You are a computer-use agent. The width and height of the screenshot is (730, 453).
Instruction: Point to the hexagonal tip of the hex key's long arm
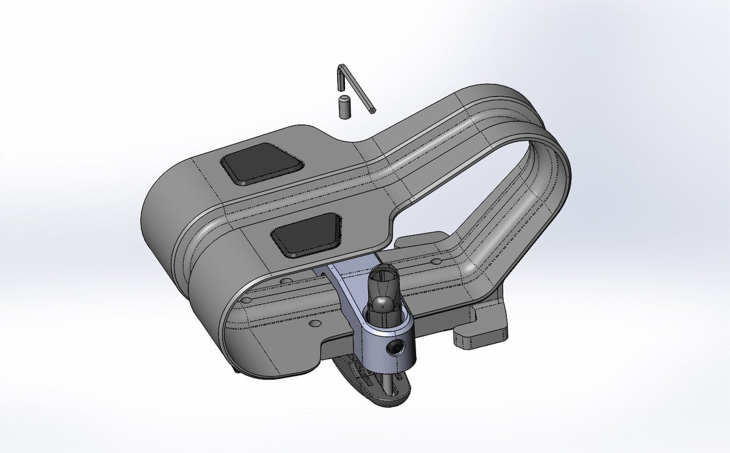click(372, 110)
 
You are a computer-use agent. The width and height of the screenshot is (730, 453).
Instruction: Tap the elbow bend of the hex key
click(342, 67)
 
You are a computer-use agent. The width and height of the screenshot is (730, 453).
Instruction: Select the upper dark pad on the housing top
click(262, 163)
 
